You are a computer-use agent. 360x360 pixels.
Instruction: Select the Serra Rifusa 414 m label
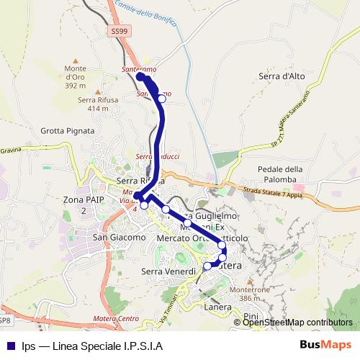98,104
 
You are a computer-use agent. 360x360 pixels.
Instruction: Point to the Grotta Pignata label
68,131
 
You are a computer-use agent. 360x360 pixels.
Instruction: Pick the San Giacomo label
119,237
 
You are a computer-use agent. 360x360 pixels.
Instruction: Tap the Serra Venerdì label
168,271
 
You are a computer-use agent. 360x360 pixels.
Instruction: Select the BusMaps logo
325,344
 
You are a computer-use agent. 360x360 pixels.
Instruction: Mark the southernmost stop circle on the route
207,266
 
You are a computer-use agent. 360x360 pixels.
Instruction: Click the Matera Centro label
115,318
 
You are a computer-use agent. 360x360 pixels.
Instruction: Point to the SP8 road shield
4,320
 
